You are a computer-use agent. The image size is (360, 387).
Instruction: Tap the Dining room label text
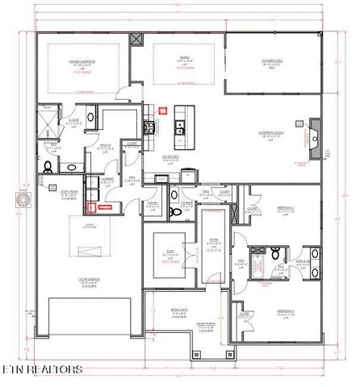[185, 58]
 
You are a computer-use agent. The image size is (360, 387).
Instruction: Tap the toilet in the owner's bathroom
[48, 167]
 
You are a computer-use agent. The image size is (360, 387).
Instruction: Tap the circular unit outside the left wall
[22, 198]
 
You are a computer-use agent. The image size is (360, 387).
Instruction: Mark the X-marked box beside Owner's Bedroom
[135, 40]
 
